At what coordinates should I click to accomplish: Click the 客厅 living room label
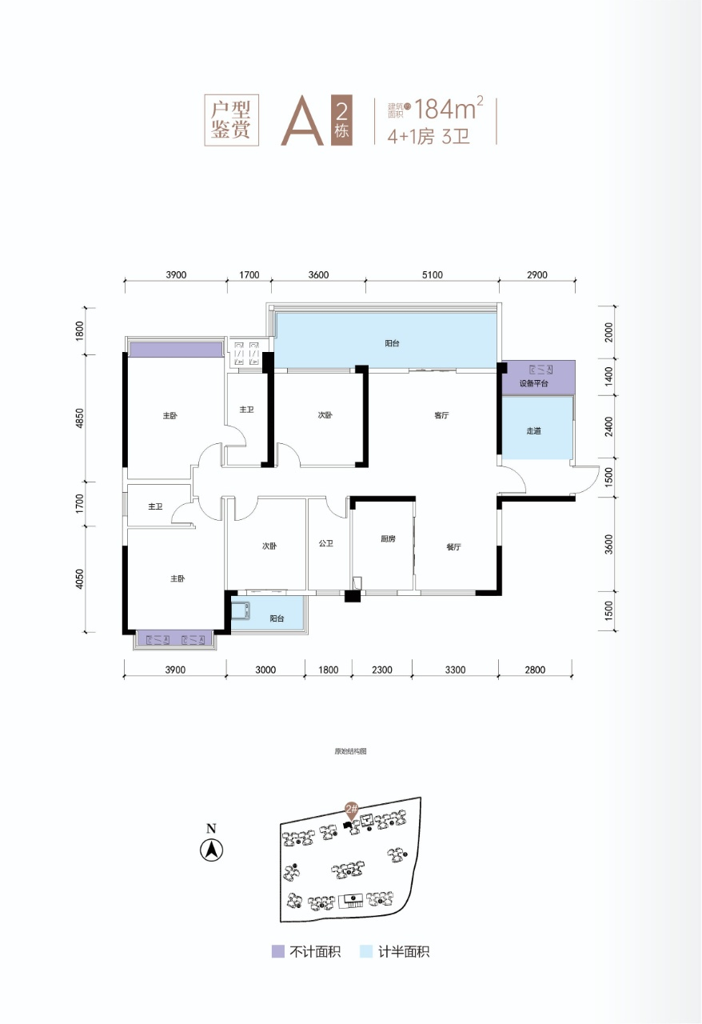click(x=441, y=415)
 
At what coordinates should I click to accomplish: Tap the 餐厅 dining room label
click(x=453, y=546)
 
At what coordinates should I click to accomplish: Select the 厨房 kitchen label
click(x=388, y=539)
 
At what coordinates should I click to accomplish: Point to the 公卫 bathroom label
click(x=326, y=543)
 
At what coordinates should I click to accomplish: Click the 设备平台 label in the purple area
click(x=533, y=383)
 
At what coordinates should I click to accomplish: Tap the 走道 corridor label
click(x=533, y=430)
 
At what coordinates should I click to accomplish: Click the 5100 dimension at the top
click(x=432, y=274)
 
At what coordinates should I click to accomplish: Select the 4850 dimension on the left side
click(x=80, y=418)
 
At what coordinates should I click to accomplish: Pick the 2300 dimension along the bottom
click(x=381, y=670)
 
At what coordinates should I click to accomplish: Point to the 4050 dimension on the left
click(x=80, y=578)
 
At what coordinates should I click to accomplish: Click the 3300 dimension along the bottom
click(x=455, y=670)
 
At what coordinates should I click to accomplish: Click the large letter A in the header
click(x=302, y=121)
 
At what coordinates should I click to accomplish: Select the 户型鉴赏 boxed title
click(x=231, y=120)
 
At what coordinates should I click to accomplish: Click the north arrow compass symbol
click(x=212, y=850)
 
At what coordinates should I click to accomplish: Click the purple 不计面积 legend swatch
click(x=278, y=951)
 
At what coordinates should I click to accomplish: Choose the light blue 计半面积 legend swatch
click(x=366, y=951)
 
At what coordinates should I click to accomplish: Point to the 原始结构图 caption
click(x=350, y=751)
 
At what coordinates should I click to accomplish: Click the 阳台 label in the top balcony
click(x=392, y=343)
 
